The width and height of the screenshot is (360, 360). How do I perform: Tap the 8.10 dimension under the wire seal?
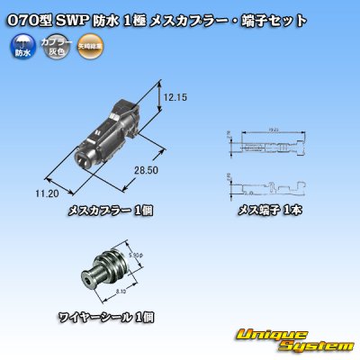(x=131, y=291)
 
